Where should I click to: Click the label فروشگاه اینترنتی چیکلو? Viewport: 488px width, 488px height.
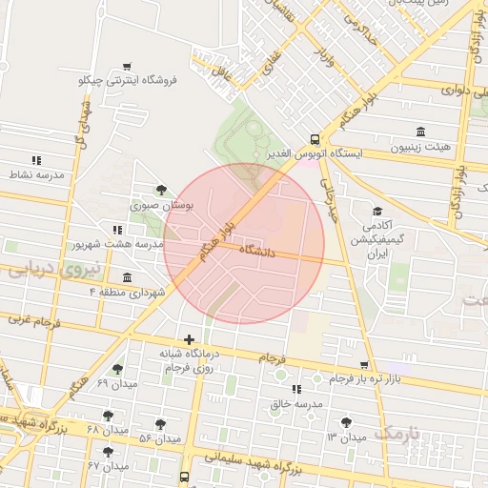pyautogui.click(x=129, y=80)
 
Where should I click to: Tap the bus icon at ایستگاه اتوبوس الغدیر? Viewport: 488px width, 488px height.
pyautogui.click(x=315, y=137)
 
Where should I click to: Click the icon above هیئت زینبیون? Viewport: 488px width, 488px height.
pyautogui.click(x=420, y=132)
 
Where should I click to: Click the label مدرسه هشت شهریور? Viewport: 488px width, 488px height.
pyautogui.click(x=117, y=244)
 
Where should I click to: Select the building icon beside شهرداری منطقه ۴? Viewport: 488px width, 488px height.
pyautogui.click(x=127, y=277)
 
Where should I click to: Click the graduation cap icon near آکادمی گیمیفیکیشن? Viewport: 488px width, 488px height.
pyautogui.click(x=377, y=211)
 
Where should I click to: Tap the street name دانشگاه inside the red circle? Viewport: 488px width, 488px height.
pyautogui.click(x=257, y=252)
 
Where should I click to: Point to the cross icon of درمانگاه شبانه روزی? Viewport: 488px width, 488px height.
pyautogui.click(x=190, y=339)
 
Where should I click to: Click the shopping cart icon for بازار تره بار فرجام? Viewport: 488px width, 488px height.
pyautogui.click(x=365, y=365)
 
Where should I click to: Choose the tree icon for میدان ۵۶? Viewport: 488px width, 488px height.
pyautogui.click(x=159, y=424)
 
